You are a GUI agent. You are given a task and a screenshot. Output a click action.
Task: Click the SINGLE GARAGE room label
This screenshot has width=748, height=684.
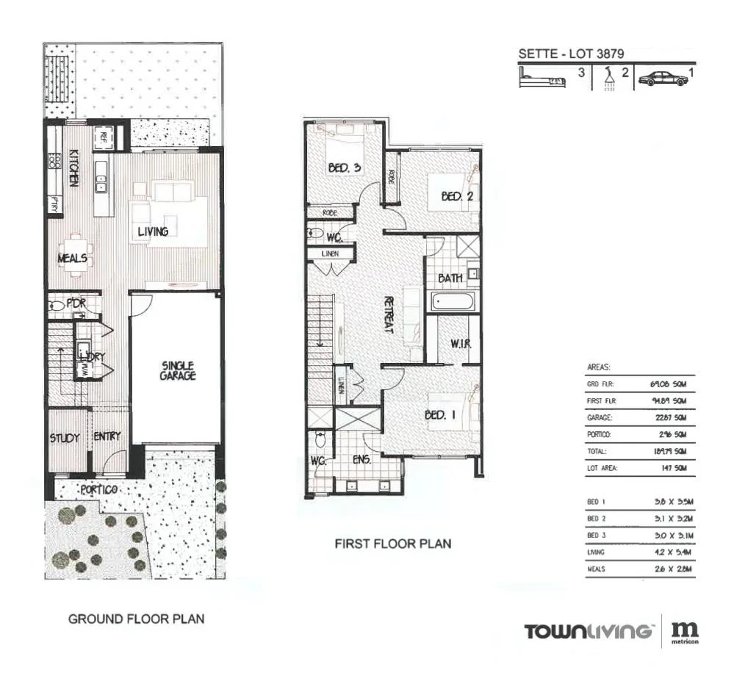pyautogui.click(x=177, y=370)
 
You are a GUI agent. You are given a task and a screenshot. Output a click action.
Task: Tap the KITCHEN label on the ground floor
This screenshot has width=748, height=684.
pyautogui.click(x=74, y=168)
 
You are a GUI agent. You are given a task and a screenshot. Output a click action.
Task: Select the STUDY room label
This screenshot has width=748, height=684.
pyautogui.click(x=65, y=438)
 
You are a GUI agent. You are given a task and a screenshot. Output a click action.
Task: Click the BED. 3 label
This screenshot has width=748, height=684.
pyautogui.click(x=344, y=168)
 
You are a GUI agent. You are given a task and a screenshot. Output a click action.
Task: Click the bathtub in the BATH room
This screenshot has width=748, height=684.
pyautogui.click(x=453, y=300)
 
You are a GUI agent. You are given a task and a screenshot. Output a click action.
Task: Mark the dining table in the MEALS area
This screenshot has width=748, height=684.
pyautogui.click(x=76, y=253)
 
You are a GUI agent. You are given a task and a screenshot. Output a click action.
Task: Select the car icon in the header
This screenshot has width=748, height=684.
pyautogui.click(x=663, y=79)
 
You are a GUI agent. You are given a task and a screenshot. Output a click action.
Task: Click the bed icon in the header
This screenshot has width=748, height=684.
pyautogui.click(x=543, y=78)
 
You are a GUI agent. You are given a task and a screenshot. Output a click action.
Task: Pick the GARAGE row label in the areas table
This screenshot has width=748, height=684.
pyautogui.click(x=600, y=417)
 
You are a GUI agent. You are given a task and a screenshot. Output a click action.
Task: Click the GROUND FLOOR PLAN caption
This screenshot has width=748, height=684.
pyautogui.click(x=136, y=619)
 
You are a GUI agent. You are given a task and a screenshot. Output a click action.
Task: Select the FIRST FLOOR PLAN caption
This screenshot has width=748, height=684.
pyautogui.click(x=392, y=544)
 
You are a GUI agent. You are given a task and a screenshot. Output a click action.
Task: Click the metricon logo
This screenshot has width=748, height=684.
pyautogui.click(x=686, y=633)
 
